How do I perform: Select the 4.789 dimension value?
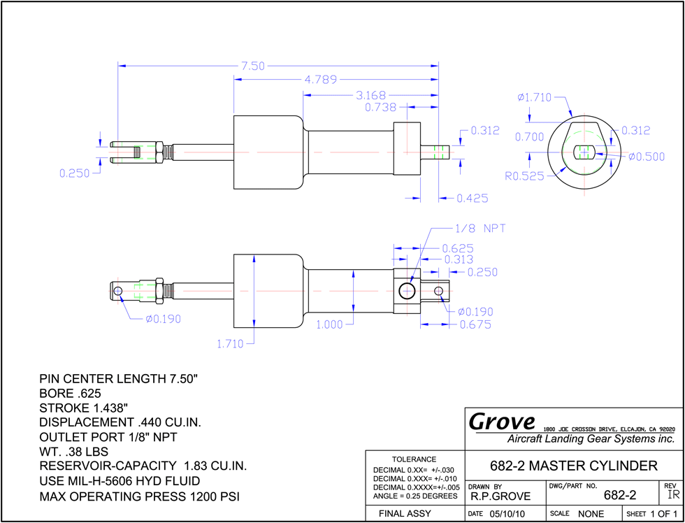pos(321,80)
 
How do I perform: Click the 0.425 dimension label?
pos(473,199)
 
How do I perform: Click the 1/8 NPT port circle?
pos(407,291)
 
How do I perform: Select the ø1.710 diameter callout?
pos(535,97)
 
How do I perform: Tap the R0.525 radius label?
pos(525,176)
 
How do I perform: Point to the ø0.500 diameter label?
pos(647,157)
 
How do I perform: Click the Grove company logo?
pos(502,421)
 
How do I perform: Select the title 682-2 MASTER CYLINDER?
pos(574,466)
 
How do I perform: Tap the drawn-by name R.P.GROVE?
pos(500,496)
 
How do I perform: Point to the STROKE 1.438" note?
pos(83,408)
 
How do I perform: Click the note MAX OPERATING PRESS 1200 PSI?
pos(139,497)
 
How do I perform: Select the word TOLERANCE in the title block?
pos(414,459)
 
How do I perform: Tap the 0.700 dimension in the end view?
pos(529,137)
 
